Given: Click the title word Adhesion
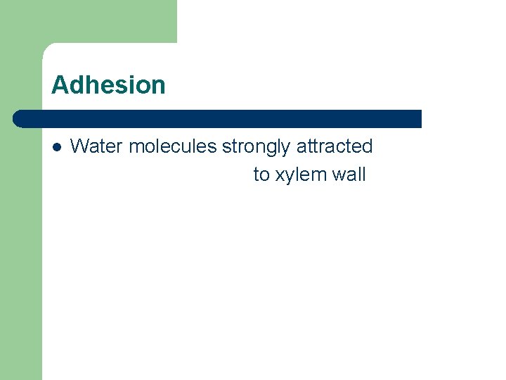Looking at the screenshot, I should click(x=108, y=85).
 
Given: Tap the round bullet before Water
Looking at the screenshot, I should click(x=56, y=147).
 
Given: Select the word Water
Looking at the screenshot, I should click(x=97, y=146).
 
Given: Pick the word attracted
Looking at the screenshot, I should click(x=335, y=146).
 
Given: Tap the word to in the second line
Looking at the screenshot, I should click(x=261, y=175).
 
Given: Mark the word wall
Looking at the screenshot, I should click(x=349, y=175).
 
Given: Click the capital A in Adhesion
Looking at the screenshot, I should click(x=59, y=85).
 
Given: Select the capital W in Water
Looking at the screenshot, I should click(x=78, y=146).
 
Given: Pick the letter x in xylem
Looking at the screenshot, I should click(x=279, y=176).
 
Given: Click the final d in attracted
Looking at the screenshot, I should click(x=368, y=146).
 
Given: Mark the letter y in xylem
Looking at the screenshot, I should click(x=288, y=177).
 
